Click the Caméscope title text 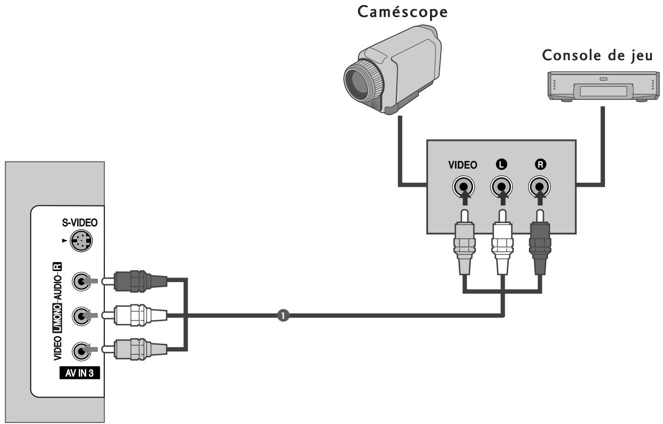[402, 12]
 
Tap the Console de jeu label [597, 56]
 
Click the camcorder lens [363, 82]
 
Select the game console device [604, 86]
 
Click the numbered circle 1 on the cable [283, 315]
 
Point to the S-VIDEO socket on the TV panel [81, 240]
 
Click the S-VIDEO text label [80, 223]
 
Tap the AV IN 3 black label [80, 373]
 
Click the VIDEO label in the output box [463, 165]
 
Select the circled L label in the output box [501, 164]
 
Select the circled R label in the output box [540, 164]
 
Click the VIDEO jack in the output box [463, 187]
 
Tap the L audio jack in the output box [501, 187]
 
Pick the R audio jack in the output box [539, 187]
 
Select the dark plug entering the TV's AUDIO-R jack [135, 281]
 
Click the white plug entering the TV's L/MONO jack [135, 315]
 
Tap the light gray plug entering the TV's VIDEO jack [135, 350]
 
